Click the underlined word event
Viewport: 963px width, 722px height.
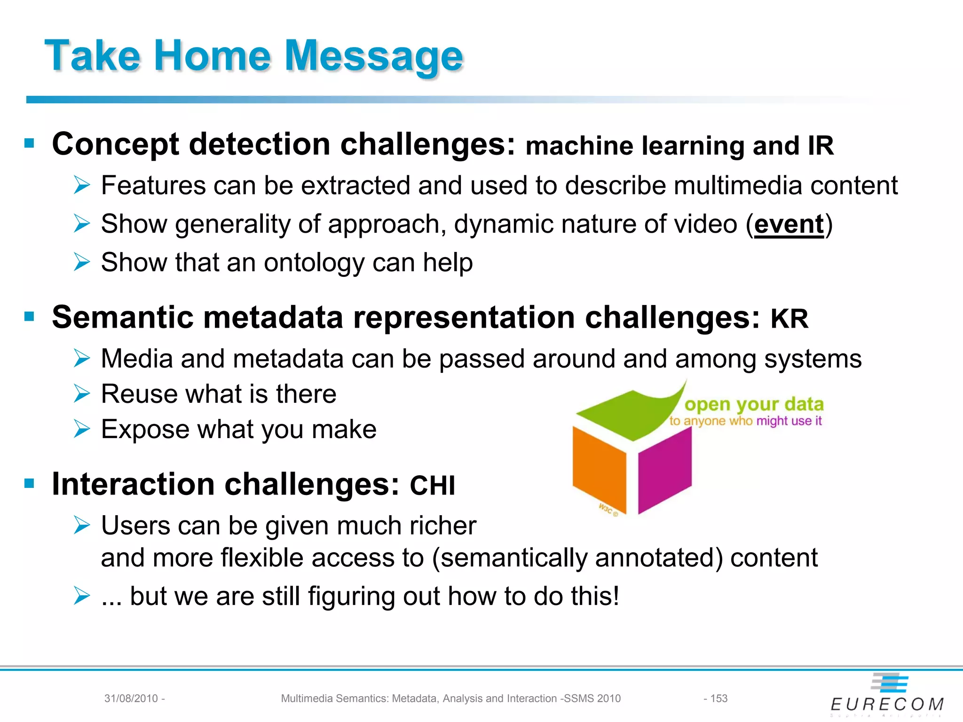coord(789,224)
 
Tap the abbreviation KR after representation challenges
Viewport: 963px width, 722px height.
coord(789,319)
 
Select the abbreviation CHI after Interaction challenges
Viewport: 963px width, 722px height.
coord(432,486)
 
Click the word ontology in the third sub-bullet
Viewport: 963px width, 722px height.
coord(314,263)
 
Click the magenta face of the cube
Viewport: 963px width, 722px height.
coord(664,470)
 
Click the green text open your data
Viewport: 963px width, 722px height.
coord(754,404)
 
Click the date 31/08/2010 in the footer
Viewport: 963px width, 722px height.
coord(131,698)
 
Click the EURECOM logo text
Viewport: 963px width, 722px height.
coord(887,704)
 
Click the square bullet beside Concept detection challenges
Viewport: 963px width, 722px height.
coord(30,143)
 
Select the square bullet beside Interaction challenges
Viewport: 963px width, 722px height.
coord(30,483)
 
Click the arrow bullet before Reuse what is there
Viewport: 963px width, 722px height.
coord(82,394)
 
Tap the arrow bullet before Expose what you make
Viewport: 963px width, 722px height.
coord(82,429)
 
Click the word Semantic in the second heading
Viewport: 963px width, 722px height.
coord(122,317)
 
